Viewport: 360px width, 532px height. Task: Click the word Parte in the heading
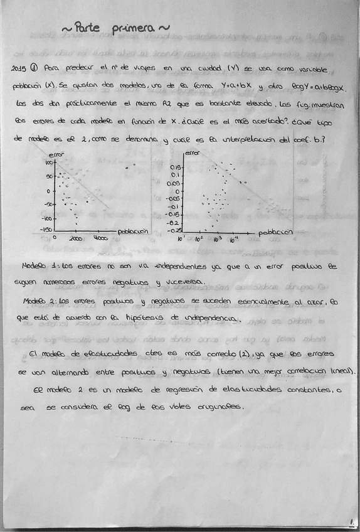[x=88, y=28]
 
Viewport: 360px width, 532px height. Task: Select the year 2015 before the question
[x=21, y=68]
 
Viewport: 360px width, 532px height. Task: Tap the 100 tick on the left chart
[x=47, y=162]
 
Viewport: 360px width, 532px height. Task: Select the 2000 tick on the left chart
[x=75, y=239]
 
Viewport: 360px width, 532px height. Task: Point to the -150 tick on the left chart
[x=45, y=230]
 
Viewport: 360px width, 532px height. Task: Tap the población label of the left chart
[x=132, y=230]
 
